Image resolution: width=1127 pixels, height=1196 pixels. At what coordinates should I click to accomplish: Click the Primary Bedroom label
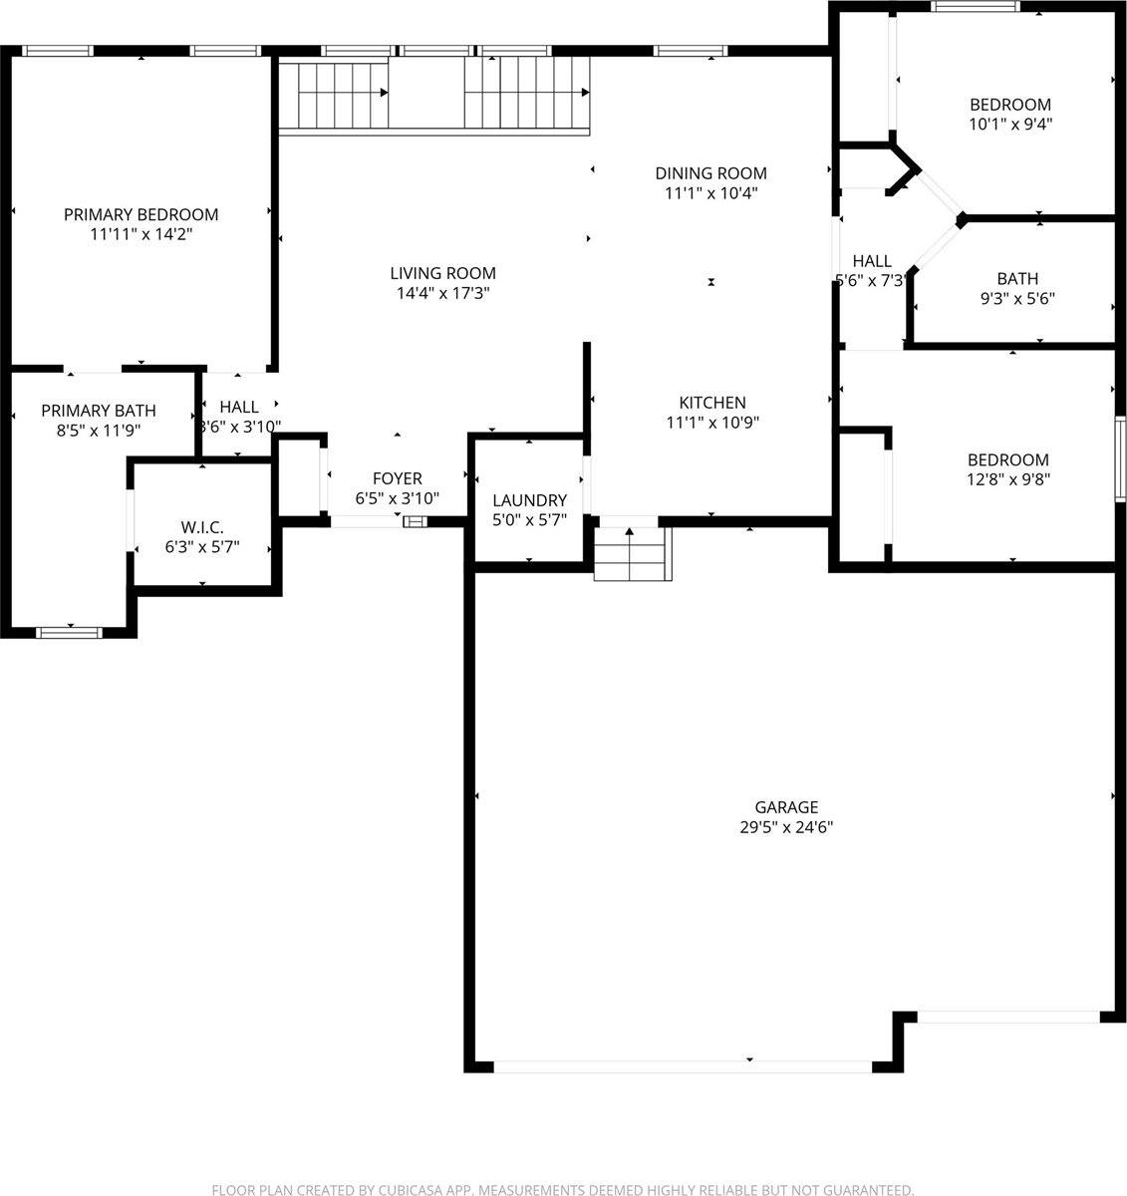pos(141,214)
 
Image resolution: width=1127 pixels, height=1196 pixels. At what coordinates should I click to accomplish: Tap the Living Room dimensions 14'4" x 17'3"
pos(441,293)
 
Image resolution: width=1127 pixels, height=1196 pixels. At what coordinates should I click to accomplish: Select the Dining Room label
pos(710,173)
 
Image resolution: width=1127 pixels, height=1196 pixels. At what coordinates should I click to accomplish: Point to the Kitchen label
pos(711,403)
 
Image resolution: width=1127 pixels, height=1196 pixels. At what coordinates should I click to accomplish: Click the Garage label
pos(785,807)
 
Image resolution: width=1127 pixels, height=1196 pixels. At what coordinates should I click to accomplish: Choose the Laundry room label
pos(529,500)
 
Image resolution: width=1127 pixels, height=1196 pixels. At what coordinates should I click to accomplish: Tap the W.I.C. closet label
pos(202,526)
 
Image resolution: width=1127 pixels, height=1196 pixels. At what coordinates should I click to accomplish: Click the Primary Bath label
pos(98,411)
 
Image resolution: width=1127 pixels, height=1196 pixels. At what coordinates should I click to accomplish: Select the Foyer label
pos(397,479)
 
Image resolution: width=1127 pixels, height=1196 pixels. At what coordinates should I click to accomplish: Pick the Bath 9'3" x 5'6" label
pos(1016,279)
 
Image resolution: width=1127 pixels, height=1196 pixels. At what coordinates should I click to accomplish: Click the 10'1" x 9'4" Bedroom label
pos(1009,105)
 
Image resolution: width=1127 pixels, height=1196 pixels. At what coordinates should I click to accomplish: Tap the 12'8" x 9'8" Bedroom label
pos(1007,460)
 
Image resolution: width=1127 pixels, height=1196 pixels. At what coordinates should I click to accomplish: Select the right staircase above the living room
pos(527,93)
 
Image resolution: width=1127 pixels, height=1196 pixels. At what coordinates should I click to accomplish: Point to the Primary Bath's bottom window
pos(69,632)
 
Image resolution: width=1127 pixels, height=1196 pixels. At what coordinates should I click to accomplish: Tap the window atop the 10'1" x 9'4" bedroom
pos(975,7)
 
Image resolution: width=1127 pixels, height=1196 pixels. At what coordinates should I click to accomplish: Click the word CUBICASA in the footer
pos(403,1190)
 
